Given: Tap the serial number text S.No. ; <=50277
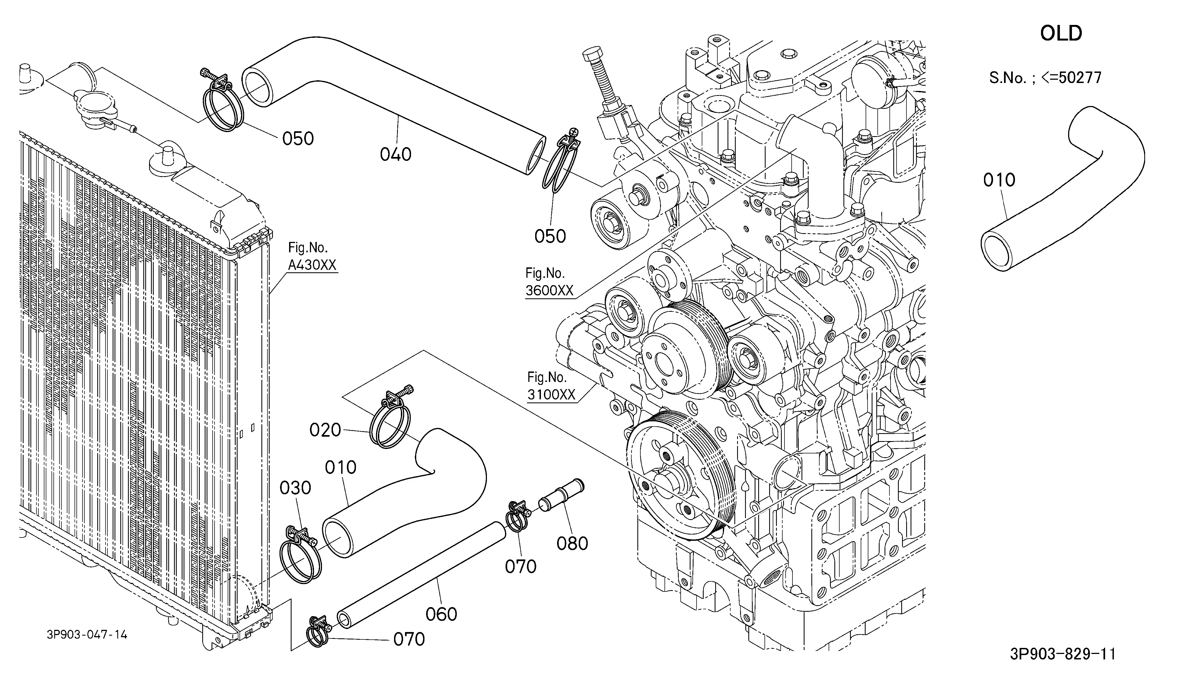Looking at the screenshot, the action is coord(1045,78).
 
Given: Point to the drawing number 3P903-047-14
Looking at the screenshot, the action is coord(87,634).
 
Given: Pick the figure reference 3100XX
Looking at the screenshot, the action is coord(551,395).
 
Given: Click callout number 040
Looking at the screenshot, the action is coord(395,154).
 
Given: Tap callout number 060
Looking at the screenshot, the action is coord(441,614).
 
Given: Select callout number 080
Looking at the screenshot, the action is coord(572,544).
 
